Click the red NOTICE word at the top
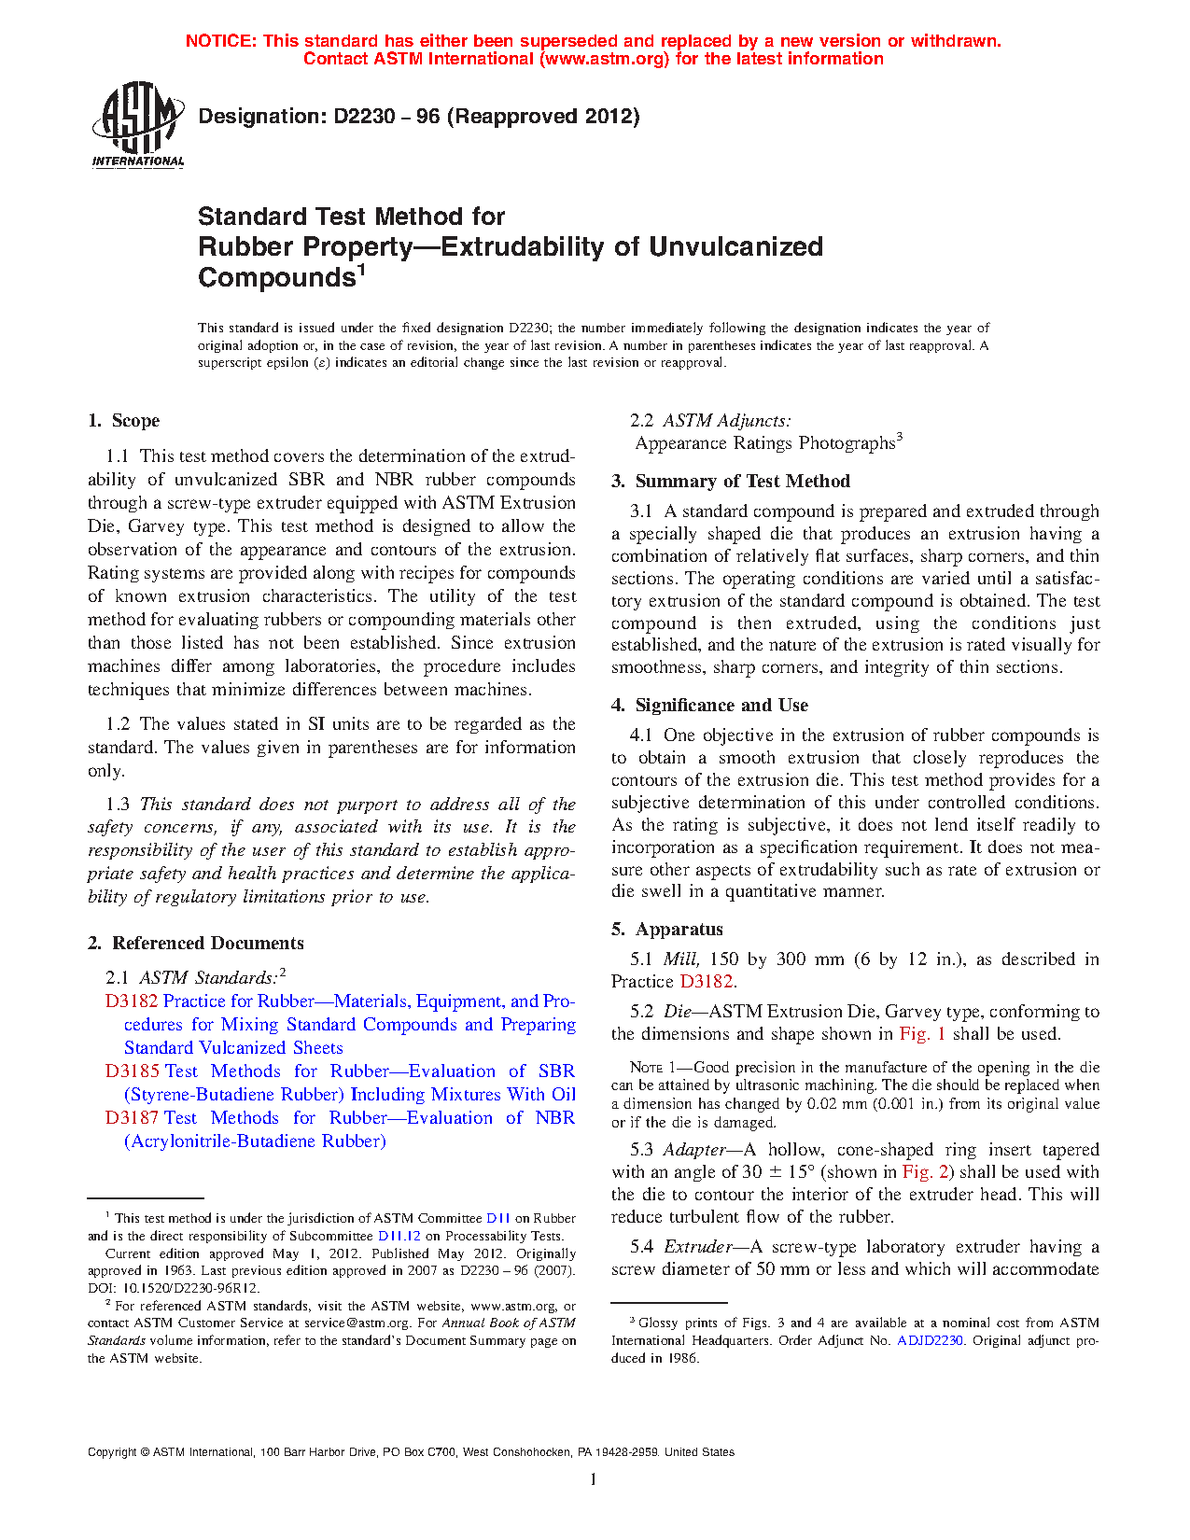[220, 41]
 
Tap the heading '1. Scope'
[124, 421]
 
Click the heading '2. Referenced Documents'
[196, 944]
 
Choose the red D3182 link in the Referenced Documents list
[132, 1001]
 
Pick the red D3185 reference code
[132, 1071]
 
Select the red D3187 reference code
[132, 1118]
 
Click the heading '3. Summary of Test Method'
[731, 482]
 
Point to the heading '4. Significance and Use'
[710, 706]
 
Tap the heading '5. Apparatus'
[667, 930]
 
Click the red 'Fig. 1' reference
[922, 1034]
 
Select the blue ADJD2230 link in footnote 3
[930, 1341]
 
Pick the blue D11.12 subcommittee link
[399, 1237]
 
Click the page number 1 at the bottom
[594, 1478]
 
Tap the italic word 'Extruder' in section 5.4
[698, 1247]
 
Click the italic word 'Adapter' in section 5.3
[694, 1150]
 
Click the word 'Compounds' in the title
[275, 278]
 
